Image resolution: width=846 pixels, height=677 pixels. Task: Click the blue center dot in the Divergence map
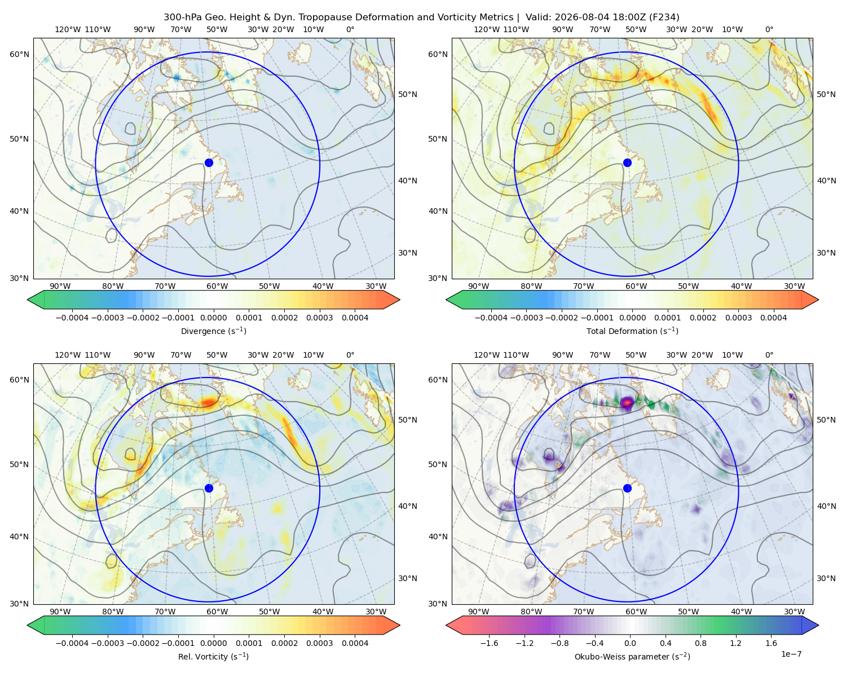tap(209, 162)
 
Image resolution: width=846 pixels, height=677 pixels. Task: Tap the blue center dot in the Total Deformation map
tap(627, 162)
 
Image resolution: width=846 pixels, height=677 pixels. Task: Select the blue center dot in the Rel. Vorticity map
tap(209, 488)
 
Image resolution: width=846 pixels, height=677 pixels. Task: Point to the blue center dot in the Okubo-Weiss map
tap(627, 488)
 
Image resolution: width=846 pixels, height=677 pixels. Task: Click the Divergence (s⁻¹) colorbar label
tap(213, 331)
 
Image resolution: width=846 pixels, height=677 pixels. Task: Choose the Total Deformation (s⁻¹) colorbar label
tap(632, 331)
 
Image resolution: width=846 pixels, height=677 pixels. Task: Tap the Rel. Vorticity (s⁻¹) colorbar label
tap(213, 656)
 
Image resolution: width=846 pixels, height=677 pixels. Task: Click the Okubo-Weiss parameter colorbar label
tap(632, 656)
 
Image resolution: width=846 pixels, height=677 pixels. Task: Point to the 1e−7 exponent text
tap(791, 654)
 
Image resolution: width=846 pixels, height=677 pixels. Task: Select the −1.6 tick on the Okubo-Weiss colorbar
tap(489, 643)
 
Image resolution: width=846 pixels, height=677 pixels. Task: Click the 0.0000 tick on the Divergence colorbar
tap(213, 318)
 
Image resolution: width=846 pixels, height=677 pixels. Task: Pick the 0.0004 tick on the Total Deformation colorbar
tap(773, 318)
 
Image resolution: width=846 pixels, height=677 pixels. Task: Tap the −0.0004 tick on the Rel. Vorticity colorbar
tap(72, 643)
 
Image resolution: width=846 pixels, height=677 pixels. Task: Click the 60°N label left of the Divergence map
tap(19, 54)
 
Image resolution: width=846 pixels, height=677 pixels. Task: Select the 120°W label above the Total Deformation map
tap(486, 29)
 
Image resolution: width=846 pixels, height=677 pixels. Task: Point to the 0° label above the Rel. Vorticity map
tap(350, 355)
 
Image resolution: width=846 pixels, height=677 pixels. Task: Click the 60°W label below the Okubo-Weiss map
tap(636, 612)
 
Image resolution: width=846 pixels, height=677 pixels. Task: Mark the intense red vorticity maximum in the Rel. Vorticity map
tap(209, 402)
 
